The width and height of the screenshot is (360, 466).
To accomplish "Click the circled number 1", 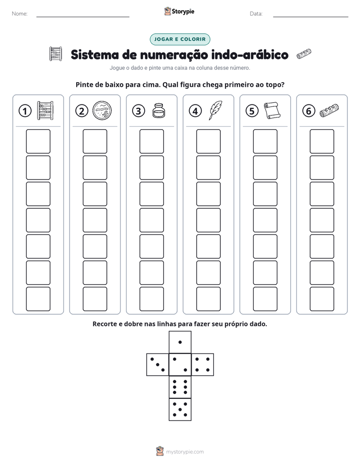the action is point(25,111).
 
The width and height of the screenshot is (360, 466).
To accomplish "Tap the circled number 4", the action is point(195,111).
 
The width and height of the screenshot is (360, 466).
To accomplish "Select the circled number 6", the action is point(309,111).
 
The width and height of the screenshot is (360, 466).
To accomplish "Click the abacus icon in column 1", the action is point(45,110).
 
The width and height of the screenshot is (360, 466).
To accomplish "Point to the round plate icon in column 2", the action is point(102,110).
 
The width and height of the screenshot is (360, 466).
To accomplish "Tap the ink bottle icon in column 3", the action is point(159,110).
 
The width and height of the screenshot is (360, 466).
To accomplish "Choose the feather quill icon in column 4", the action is point(215,110).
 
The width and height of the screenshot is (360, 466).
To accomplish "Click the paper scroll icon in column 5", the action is point(272,110).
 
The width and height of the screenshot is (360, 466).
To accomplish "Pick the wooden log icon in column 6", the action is point(329,110).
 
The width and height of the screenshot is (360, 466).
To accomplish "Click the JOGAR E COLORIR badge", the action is point(180,39).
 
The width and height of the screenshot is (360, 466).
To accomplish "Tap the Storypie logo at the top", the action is point(179,11).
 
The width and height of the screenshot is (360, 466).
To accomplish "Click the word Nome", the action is point(20,14).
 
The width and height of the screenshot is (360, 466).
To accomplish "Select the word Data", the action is point(256,14).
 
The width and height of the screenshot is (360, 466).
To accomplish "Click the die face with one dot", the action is point(180,342).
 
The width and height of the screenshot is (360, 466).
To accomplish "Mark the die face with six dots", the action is point(180,387).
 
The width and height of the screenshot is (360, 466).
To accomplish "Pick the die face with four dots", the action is point(203,364).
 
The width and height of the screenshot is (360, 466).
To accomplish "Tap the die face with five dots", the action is point(180,410).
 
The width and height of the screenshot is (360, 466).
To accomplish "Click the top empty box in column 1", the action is point(38,141).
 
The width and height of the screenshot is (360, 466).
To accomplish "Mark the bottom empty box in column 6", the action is point(322,299).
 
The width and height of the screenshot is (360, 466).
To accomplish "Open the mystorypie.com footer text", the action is point(185,452).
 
